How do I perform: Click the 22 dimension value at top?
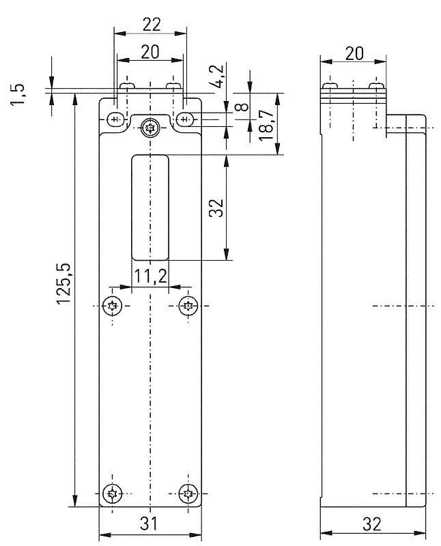152,25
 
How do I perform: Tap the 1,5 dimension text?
18,94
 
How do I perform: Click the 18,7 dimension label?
266,125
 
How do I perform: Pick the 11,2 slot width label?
150,276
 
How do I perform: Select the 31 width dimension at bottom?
149,523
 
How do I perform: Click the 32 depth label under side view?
372,524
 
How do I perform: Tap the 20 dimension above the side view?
354,54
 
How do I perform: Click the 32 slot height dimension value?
216,208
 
